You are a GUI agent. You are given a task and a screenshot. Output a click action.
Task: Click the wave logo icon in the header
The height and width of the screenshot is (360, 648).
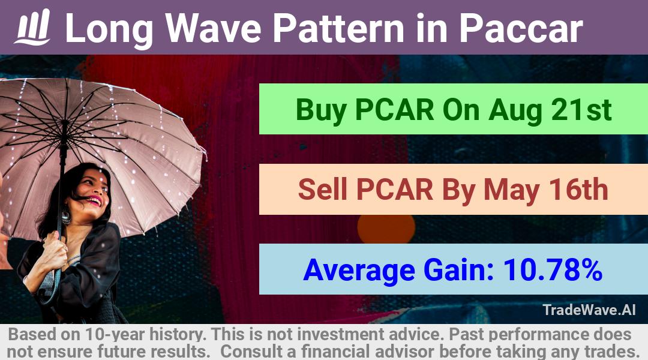(33, 27)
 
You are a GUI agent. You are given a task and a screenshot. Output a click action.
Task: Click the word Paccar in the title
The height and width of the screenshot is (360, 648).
(521, 28)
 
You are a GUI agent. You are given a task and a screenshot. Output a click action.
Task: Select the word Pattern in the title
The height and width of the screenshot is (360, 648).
(338, 28)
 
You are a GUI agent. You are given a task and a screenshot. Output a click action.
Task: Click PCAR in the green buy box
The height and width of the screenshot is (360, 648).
(394, 110)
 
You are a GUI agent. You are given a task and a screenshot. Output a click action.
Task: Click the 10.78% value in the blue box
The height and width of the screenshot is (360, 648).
(553, 270)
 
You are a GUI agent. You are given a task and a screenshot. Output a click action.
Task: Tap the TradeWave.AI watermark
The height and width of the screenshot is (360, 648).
(589, 310)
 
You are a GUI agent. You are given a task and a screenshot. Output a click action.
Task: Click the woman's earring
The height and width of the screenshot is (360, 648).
(66, 216)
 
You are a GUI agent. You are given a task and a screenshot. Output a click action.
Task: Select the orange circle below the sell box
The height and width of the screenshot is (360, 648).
(386, 229)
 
